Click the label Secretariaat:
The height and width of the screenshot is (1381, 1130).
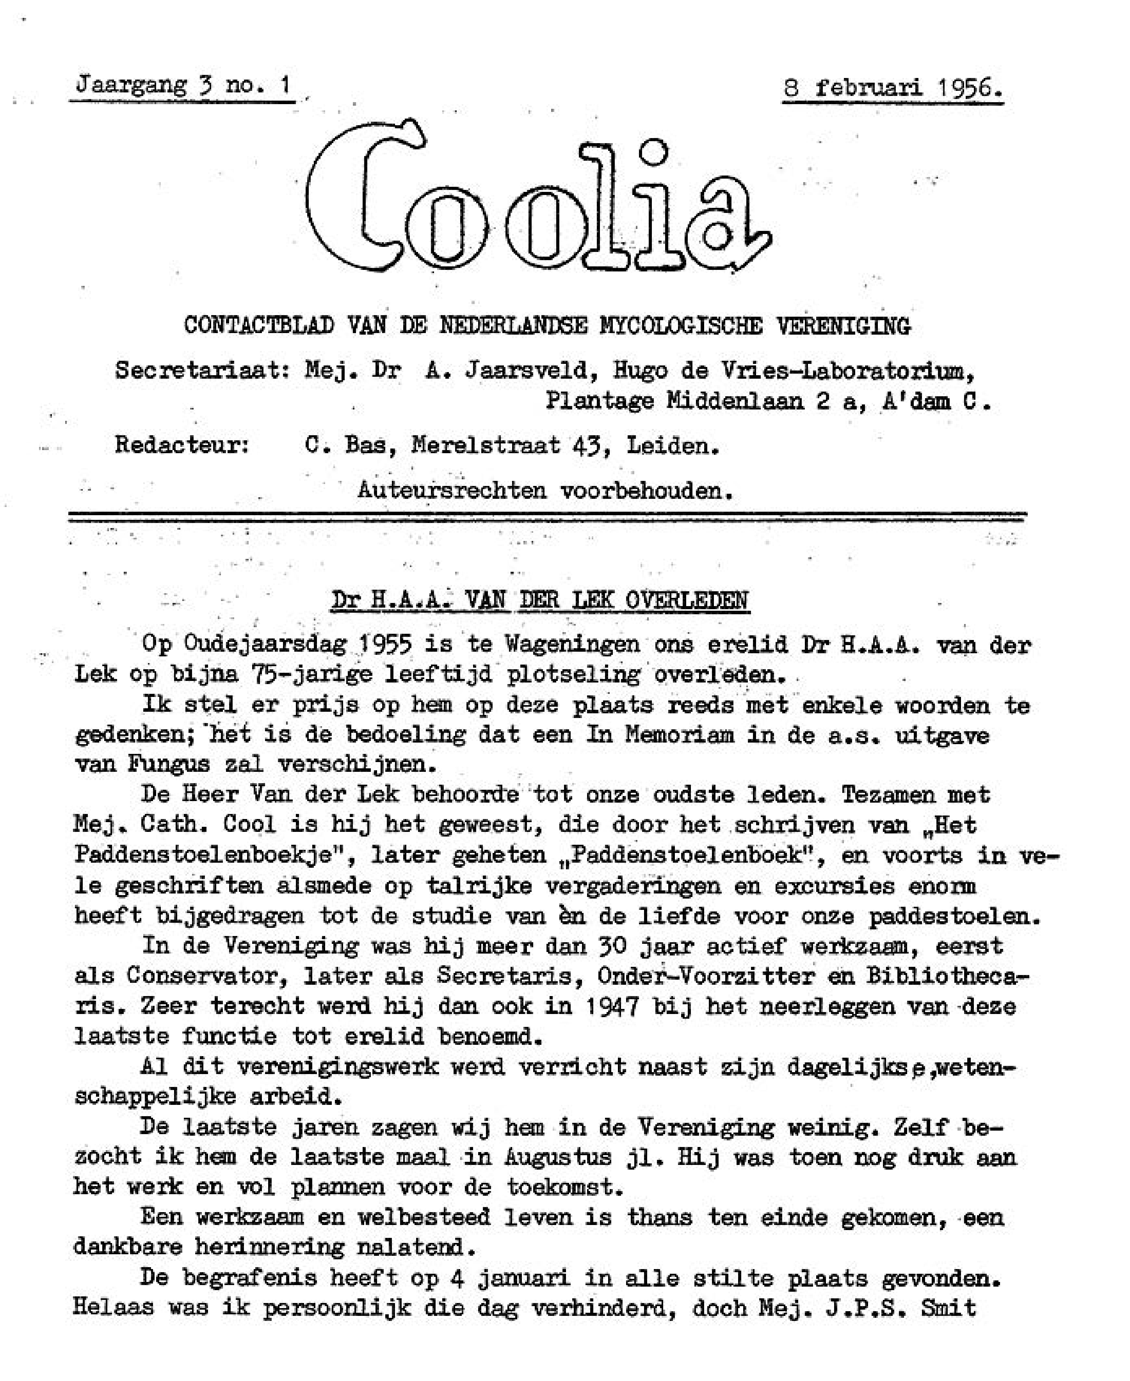(203, 371)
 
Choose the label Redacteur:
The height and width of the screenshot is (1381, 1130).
(182, 446)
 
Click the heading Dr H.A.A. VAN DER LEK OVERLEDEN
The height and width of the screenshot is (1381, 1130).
(540, 600)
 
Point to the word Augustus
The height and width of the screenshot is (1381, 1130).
(558, 1157)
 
